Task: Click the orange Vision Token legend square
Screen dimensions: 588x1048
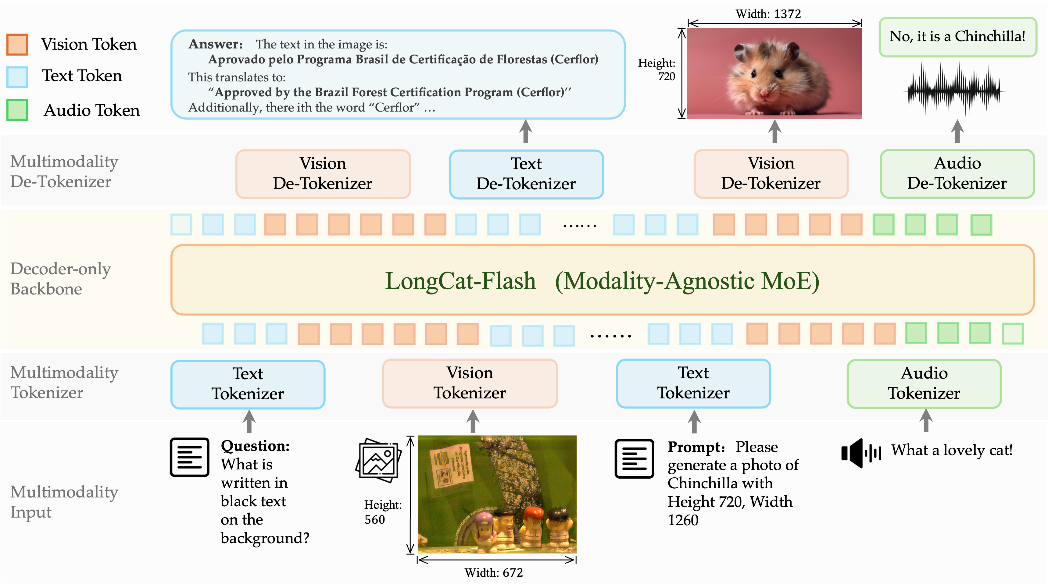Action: [17, 44]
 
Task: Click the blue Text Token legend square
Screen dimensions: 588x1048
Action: [17, 77]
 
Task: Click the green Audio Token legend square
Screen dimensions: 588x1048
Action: [17, 110]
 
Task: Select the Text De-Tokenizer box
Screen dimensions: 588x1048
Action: [526, 174]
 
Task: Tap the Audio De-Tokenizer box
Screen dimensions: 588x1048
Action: [957, 174]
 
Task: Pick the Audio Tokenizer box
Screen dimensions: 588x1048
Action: [924, 383]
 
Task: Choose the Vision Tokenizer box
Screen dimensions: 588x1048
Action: [470, 383]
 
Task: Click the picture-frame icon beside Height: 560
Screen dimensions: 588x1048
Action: [378, 460]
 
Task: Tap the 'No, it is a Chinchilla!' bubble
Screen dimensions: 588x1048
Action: [957, 37]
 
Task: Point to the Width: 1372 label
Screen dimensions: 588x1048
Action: [768, 14]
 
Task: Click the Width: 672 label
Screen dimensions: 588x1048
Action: [493, 572]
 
